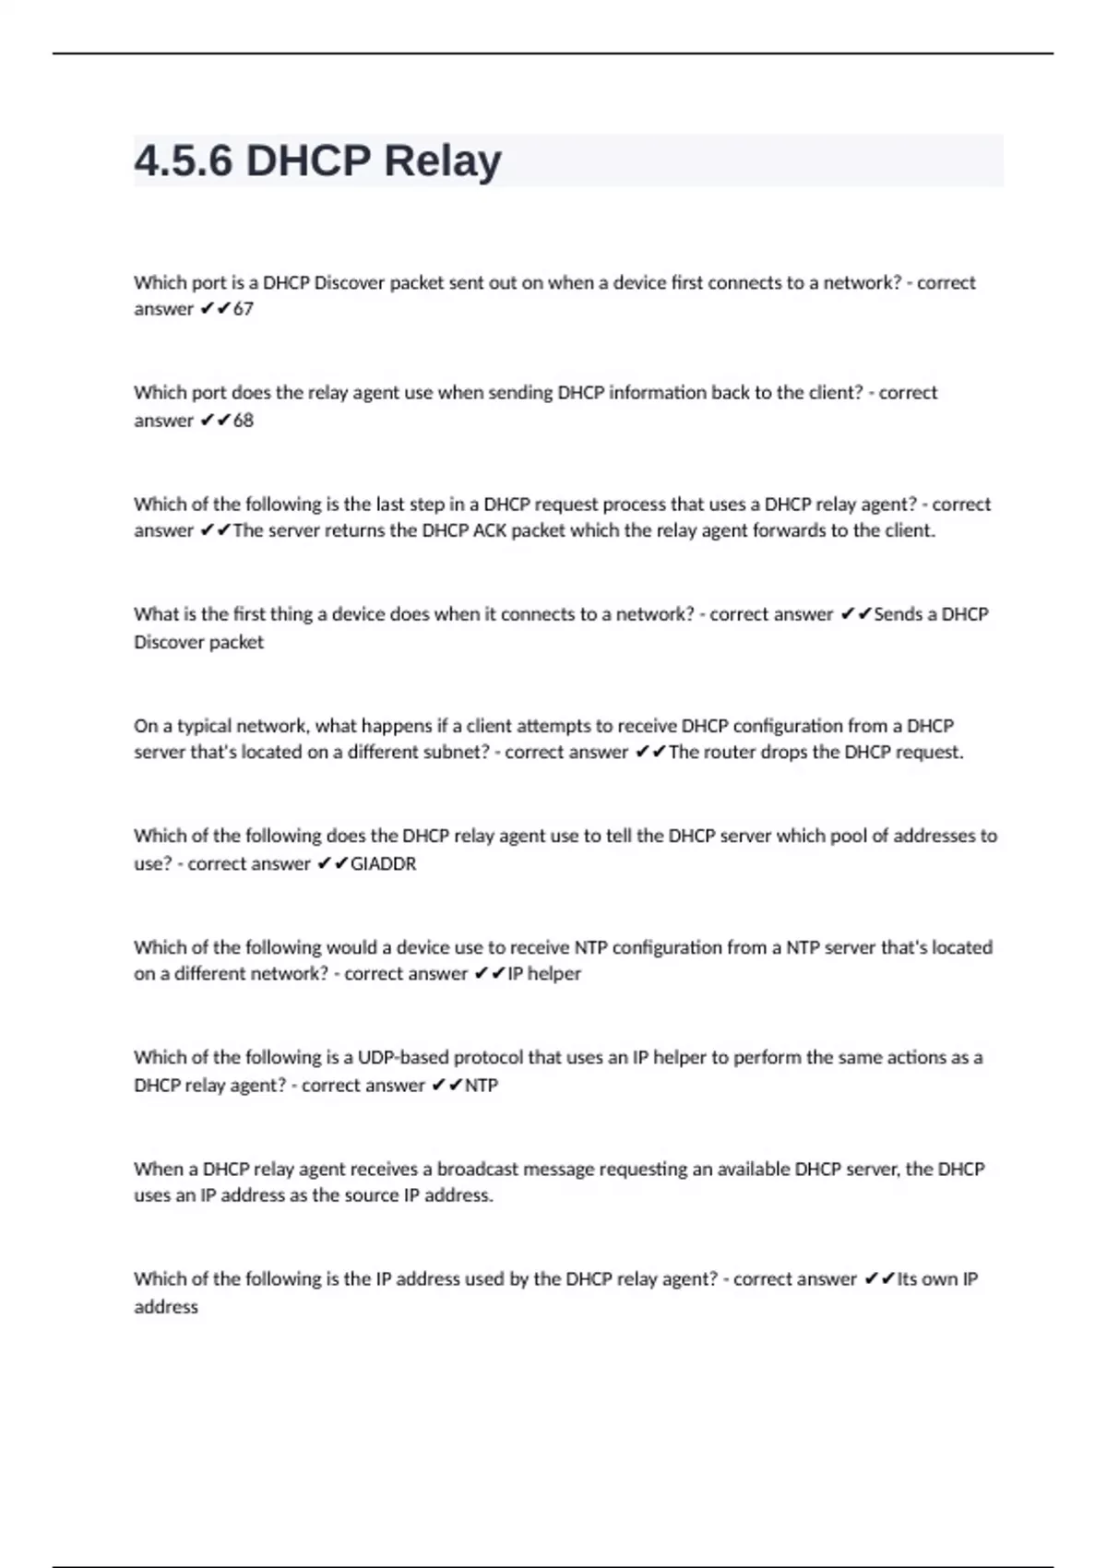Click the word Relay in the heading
[442, 161]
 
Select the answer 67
[243, 309]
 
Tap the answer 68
[243, 421]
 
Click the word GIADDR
[383, 864]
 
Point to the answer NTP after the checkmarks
[481, 1086]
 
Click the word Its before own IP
[907, 1279]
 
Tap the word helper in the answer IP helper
[553, 974]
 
